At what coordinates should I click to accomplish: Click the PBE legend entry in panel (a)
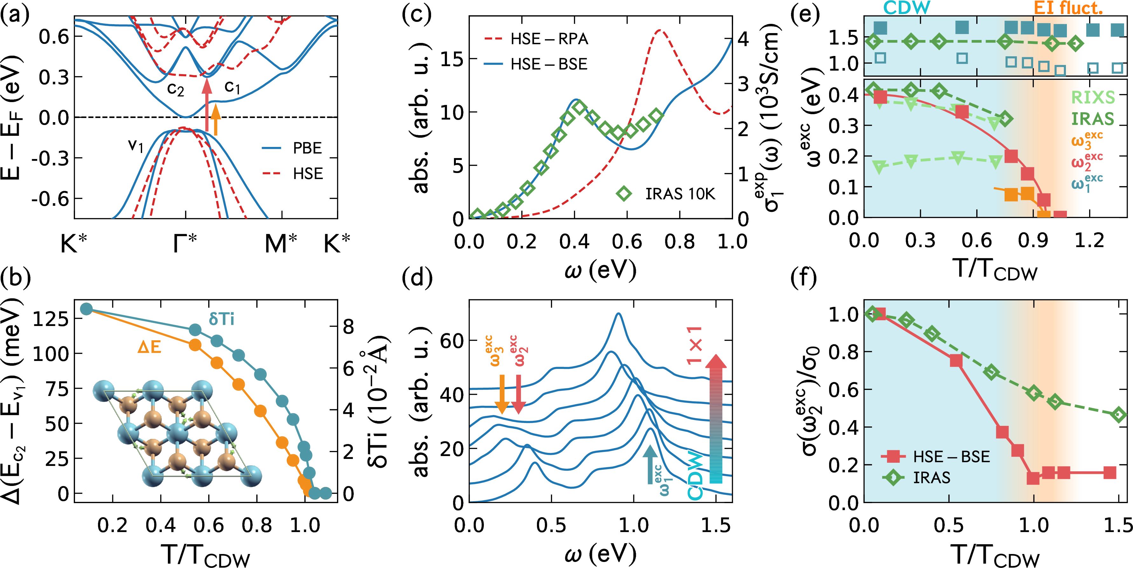click(x=307, y=148)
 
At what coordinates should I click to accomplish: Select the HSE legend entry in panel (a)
click(x=307, y=174)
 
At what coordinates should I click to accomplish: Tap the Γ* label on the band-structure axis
click(x=185, y=243)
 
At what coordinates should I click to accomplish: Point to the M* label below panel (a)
click(x=281, y=243)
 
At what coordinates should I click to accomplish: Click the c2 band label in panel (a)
click(x=175, y=89)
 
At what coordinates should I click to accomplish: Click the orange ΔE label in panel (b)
click(x=149, y=348)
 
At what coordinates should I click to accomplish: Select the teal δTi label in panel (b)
click(x=221, y=319)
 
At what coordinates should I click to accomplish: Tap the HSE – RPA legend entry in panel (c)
click(x=549, y=39)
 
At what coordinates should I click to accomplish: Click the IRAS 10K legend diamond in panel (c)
click(x=624, y=194)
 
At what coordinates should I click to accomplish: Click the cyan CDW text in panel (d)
click(x=695, y=475)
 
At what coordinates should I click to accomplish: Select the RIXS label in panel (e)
click(x=1093, y=98)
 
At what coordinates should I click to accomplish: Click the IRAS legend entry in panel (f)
click(x=931, y=478)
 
